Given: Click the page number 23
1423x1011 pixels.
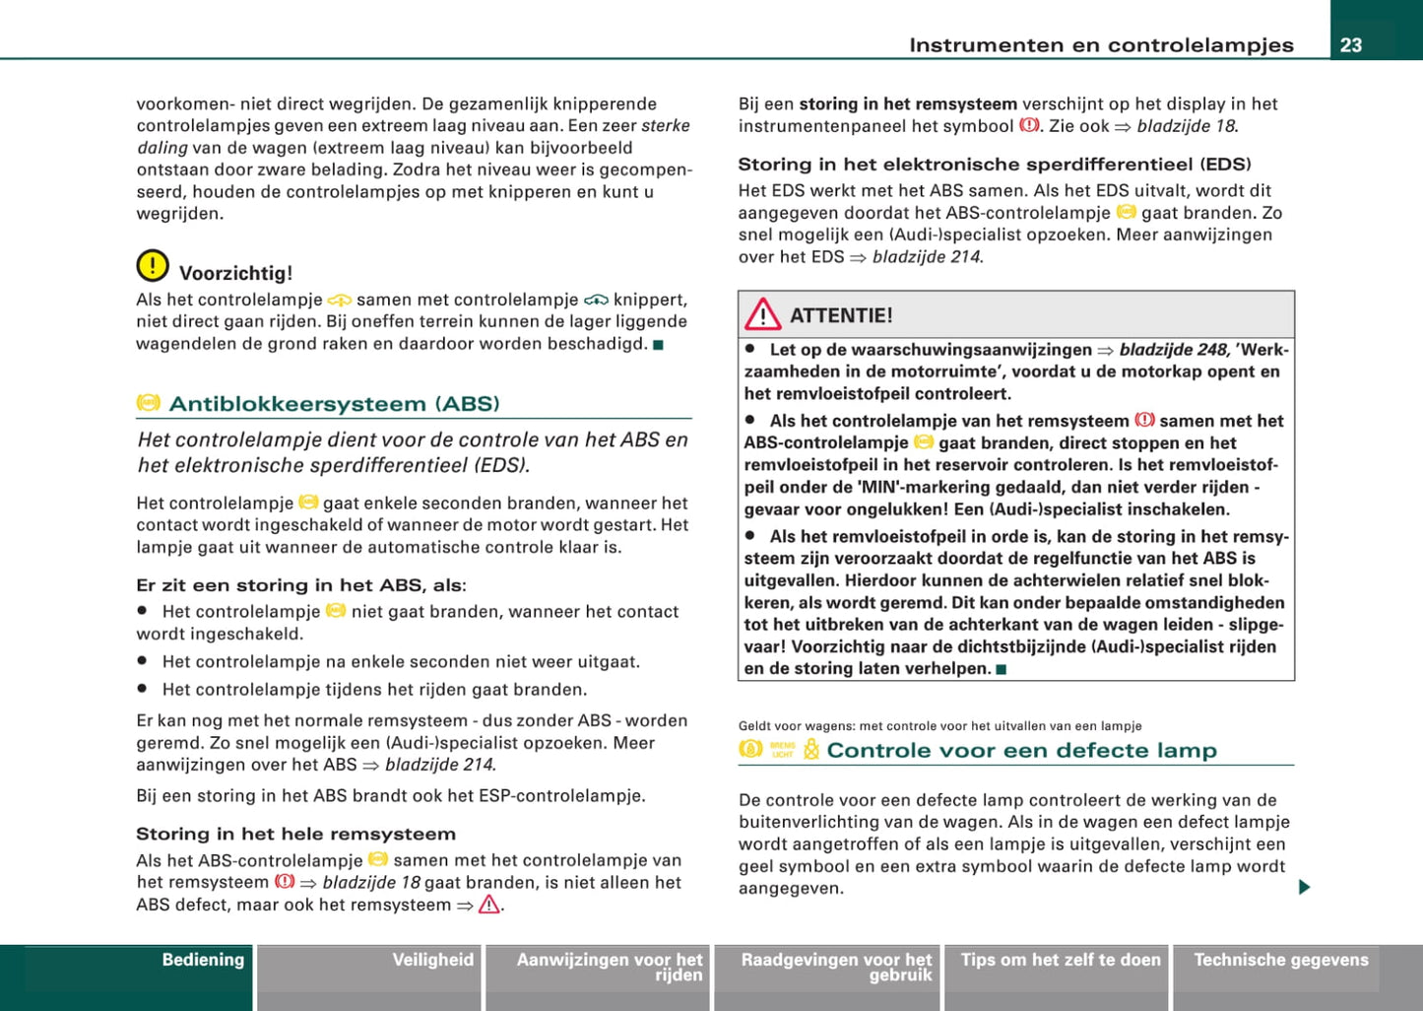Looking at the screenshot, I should pos(1351,44).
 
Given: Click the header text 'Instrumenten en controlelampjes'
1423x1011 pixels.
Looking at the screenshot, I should pos(1101,44).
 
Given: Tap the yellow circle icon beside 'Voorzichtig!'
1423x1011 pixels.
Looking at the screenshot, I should pos(153,266).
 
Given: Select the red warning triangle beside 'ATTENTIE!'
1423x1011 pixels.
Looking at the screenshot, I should pos(762,315).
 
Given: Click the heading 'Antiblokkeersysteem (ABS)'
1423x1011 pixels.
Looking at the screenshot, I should pos(334,404).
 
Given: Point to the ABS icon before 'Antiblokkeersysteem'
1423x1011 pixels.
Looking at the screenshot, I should pos(149,403).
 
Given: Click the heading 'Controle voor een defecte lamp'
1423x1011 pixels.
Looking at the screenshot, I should pos(1021,750).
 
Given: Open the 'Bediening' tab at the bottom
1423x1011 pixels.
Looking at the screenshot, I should pos(202,960).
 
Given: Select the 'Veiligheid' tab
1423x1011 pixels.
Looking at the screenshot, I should pos(432,960).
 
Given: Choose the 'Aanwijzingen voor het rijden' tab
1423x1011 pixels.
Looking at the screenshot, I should pos(610,967).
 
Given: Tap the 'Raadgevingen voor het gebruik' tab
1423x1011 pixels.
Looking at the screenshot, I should pos(836,967).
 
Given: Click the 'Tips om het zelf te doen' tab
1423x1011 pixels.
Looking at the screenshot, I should pos(1061,960).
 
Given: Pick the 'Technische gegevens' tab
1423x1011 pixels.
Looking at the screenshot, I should pos(1280,960).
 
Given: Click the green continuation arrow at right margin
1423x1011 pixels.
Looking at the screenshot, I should pos(1304,888).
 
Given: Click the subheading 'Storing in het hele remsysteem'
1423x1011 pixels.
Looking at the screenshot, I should pos(295,834).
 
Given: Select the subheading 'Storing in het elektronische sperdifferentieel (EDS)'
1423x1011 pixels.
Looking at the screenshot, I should pos(995,165).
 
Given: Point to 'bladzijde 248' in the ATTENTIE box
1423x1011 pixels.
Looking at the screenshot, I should pos(1173,350).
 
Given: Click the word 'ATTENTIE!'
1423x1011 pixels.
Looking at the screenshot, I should pos(841,315).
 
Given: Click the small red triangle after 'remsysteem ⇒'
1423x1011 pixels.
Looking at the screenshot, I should pos(488,905).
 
